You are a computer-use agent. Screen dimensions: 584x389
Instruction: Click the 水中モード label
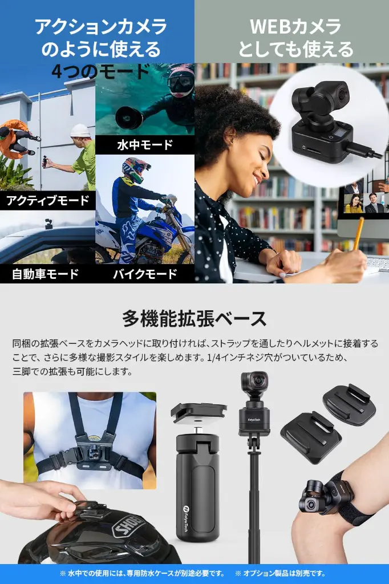tap(144, 145)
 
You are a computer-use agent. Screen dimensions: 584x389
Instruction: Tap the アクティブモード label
tap(47, 200)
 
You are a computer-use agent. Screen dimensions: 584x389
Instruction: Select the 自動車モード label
tap(46, 273)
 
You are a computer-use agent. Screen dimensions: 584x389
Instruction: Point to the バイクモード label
tap(144, 273)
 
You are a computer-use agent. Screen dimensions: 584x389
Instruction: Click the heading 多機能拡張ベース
tap(194, 318)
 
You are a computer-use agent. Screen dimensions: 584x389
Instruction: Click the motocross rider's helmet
tap(136, 168)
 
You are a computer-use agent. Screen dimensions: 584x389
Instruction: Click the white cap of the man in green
tap(80, 131)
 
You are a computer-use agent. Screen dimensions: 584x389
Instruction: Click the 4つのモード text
tap(100, 72)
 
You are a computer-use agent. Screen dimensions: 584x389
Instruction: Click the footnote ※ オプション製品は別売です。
tap(280, 573)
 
